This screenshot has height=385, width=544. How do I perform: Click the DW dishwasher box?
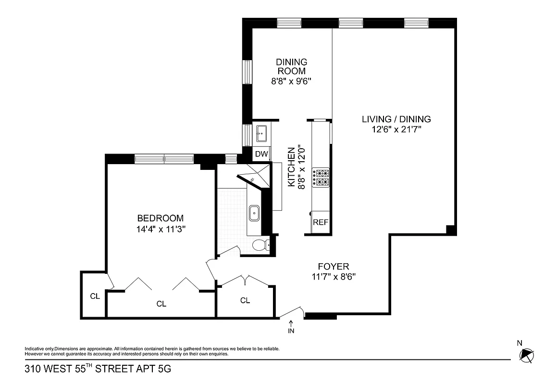pos(261,154)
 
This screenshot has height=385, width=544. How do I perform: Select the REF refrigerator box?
pos(321,222)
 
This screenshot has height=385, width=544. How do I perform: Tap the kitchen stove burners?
pos(321,178)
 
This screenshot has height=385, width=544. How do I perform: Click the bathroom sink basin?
pos(254,212)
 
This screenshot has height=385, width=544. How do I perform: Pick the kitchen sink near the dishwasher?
pos(261,132)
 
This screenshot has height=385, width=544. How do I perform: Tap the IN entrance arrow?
pos(291,327)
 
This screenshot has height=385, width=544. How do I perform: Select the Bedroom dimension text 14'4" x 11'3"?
pos(161,229)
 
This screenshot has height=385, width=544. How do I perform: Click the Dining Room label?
pos(291,66)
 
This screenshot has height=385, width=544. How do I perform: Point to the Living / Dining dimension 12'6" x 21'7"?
pos(396,129)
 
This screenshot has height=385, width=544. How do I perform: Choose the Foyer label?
pos(333,266)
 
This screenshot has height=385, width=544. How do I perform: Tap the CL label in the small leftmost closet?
pos(95,296)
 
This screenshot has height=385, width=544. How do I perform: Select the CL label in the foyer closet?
pos(245,300)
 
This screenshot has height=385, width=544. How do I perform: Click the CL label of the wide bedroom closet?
pos(161,304)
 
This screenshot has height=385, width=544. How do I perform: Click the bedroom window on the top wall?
pos(164,159)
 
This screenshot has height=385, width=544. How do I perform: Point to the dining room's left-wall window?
pos(247,72)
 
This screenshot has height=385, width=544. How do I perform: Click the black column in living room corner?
pos(451,230)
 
